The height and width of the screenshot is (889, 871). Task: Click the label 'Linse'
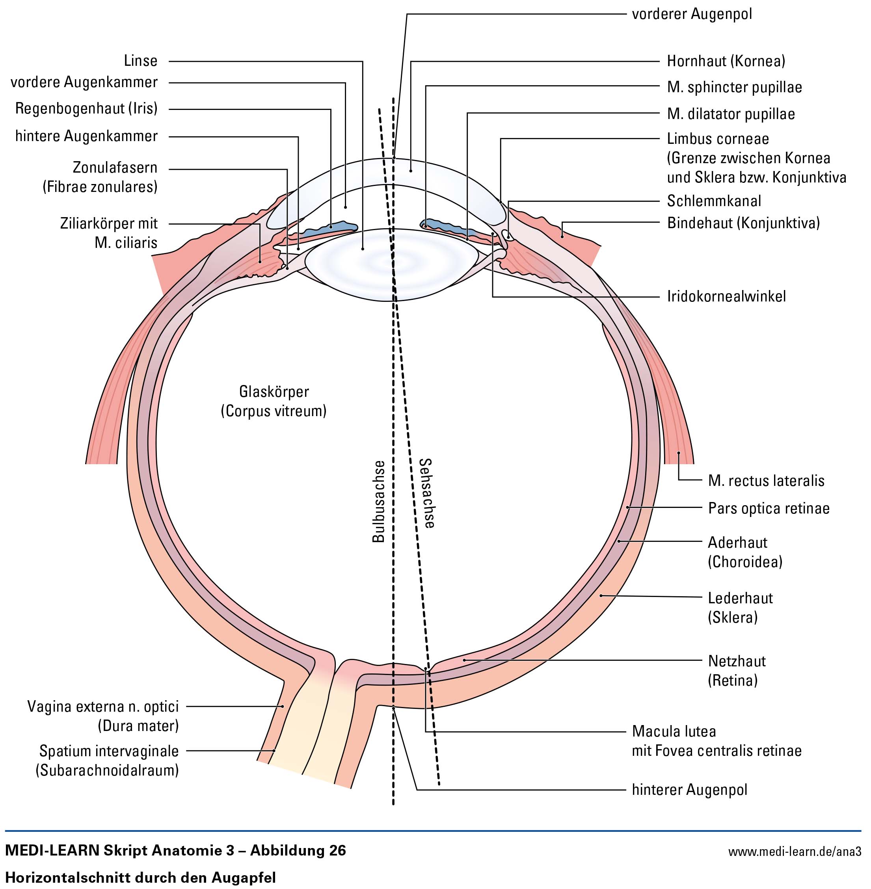pos(140,61)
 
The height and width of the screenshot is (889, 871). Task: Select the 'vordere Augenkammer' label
pos(84,82)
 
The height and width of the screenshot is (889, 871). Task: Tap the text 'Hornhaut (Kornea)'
pos(726,61)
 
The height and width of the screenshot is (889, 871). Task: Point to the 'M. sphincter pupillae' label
pos(734,87)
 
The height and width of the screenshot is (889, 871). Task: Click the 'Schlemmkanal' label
pos(714,201)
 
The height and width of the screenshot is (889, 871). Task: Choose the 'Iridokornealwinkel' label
pos(726,296)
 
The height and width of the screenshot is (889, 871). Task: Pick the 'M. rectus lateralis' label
pos(766,481)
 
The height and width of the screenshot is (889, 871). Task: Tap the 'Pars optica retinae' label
pos(769,508)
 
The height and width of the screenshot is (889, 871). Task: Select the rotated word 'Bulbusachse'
pos(378,501)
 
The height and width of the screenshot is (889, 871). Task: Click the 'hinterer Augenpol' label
pos(689,790)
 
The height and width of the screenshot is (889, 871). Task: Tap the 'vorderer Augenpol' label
pos(692,14)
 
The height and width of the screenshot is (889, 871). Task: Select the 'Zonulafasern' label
pos(115,167)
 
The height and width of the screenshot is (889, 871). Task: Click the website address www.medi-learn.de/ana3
pos(795,852)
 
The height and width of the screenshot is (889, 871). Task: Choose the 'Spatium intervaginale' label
pos(109,751)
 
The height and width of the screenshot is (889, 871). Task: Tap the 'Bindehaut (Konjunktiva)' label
pos(743,223)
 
